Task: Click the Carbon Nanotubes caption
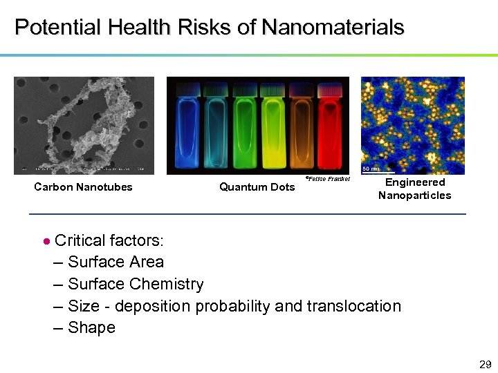pos(83,187)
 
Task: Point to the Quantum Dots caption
pos(257,187)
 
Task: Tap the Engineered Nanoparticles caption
pos(414,189)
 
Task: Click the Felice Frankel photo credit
pos(327,179)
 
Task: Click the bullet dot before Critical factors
pos(46,242)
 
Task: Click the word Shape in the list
pos(92,327)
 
